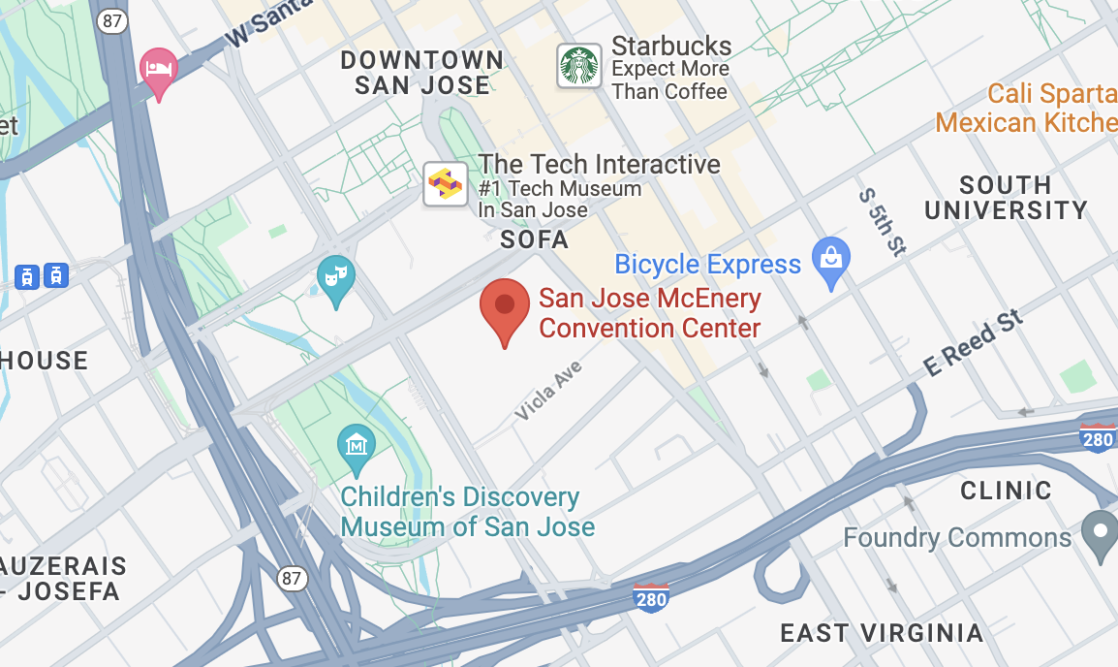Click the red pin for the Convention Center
[504, 308]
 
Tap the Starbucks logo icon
[579, 67]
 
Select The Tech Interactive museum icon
[446, 184]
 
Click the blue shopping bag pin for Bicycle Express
[830, 261]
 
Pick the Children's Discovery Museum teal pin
[356, 448]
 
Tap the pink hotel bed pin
[159, 71]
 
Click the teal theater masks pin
[335, 278]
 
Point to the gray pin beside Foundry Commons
[1100, 533]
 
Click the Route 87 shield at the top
[113, 21]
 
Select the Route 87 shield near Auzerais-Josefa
[292, 579]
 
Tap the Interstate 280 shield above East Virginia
[651, 598]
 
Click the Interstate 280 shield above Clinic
[1098, 438]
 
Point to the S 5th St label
[882, 222]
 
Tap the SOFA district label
[534, 239]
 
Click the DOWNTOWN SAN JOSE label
[422, 73]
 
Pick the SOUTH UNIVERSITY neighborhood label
[1006, 198]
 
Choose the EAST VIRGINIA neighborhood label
[882, 633]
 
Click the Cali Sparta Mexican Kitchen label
[1027, 109]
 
